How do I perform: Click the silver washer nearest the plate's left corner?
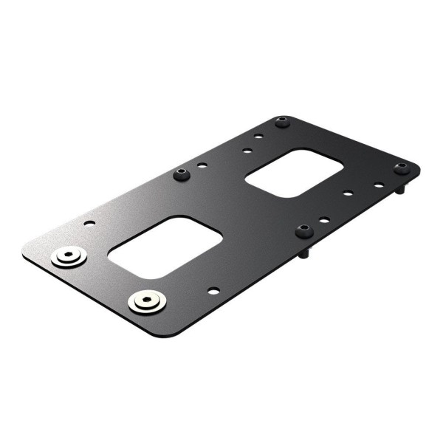coord(69,258)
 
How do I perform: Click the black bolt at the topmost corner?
coord(282,121)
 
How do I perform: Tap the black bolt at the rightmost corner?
coord(401,168)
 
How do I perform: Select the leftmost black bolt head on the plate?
coord(181,174)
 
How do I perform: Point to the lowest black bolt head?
coord(303,231)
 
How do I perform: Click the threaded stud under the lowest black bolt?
coord(303,253)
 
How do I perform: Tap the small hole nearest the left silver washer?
coord(89,221)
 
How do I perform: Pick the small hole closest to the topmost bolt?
coord(258,137)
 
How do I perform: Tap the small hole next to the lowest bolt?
coord(324,220)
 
